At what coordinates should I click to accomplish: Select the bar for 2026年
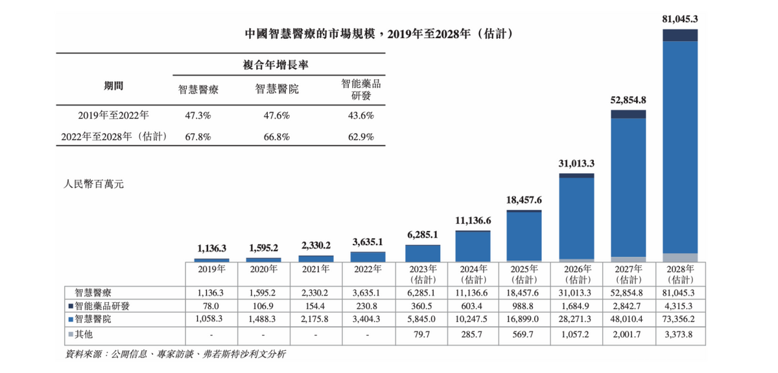[576, 217]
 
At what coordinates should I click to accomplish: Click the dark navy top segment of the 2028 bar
[680, 35]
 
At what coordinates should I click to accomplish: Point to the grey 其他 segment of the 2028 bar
[680, 257]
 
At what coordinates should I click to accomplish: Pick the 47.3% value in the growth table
[198, 115]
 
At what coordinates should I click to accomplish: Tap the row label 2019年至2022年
[113, 115]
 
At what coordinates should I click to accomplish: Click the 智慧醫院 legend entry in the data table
[92, 319]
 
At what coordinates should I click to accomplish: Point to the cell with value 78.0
[212, 306]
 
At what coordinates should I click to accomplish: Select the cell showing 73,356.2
[679, 319]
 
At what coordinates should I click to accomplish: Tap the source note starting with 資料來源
[176, 354]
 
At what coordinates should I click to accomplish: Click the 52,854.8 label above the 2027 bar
[628, 101]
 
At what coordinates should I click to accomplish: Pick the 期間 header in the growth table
[113, 86]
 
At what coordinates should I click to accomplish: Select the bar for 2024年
[473, 246]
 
